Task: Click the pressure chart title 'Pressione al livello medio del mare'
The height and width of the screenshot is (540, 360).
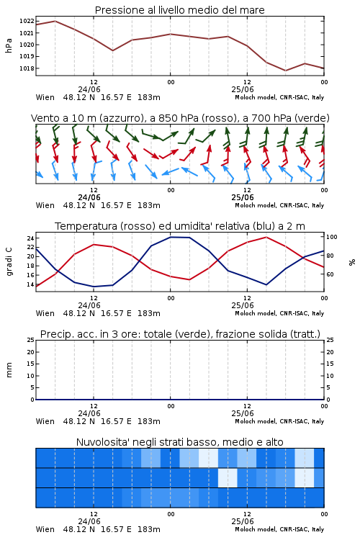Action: (179, 10)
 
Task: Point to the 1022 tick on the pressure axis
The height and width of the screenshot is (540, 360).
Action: (27, 22)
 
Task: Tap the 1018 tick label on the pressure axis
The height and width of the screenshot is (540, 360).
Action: (27, 68)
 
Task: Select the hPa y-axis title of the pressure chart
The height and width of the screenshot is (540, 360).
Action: (9, 45)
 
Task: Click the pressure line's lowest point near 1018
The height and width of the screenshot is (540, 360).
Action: (285, 71)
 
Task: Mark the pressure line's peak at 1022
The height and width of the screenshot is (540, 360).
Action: (55, 21)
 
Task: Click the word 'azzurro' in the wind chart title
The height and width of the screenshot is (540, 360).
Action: (120, 118)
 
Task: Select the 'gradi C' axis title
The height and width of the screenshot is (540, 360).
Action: (9, 261)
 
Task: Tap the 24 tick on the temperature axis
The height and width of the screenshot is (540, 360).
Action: (30, 238)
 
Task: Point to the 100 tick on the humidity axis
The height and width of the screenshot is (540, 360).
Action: (332, 237)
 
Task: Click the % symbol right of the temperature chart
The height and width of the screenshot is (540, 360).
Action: (352, 262)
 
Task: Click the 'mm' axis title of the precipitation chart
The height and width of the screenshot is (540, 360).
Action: (9, 369)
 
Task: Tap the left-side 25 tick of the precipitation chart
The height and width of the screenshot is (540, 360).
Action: (31, 340)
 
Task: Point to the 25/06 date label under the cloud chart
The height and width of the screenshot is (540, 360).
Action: (243, 521)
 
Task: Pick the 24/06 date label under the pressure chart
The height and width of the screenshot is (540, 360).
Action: (89, 89)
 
